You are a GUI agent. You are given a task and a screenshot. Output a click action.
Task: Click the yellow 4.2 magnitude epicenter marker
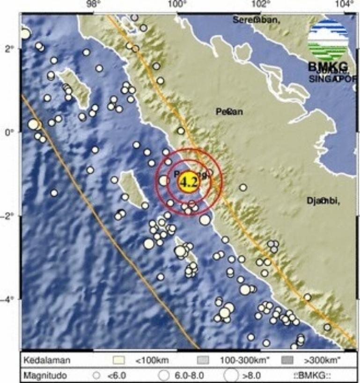[x=189, y=182]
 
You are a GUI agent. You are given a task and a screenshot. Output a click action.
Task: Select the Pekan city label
[x=229, y=112]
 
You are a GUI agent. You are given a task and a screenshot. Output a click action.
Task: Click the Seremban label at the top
[x=257, y=20]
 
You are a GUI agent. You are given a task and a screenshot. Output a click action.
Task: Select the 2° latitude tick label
[x=9, y=48]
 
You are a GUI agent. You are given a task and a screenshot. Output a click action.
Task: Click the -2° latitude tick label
[x=8, y=216]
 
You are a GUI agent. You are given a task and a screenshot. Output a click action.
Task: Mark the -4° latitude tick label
[x=8, y=299]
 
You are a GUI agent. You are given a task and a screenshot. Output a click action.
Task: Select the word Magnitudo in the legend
[x=46, y=375]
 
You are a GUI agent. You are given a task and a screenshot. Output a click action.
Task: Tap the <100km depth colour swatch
[x=120, y=361]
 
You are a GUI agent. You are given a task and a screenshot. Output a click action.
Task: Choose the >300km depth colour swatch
[x=288, y=361]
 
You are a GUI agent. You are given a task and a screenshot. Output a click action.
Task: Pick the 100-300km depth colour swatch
[x=204, y=361]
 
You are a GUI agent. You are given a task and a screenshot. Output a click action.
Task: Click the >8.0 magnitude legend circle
[x=230, y=375]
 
